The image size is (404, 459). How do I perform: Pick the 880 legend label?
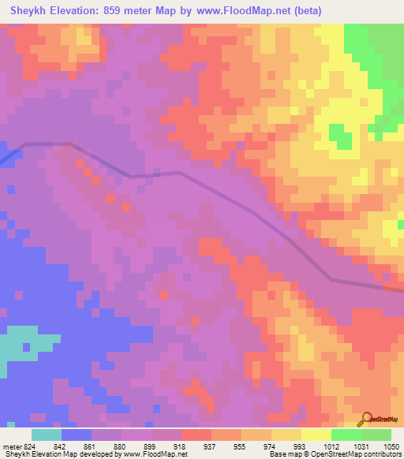point(121,446)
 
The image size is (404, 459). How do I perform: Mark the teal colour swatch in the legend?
point(47,435)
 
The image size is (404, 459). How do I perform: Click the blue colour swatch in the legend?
point(77,435)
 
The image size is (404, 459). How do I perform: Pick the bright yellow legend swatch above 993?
point(316,435)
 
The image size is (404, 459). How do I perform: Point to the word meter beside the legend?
point(9,446)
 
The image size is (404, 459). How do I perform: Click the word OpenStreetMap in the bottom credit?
point(340,455)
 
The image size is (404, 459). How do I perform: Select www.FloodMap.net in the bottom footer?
point(154,455)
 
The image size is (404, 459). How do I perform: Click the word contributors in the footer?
point(383,455)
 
